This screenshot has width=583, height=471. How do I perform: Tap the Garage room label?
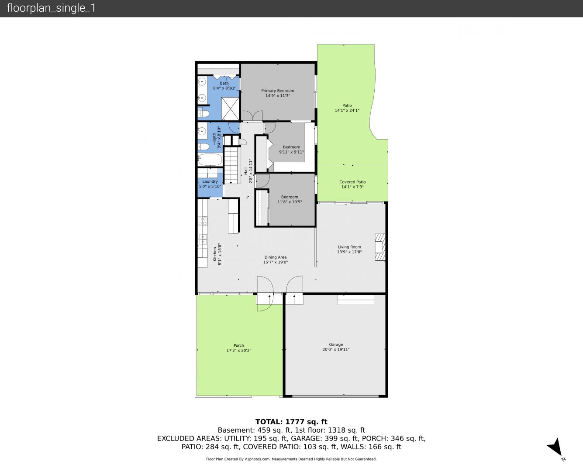pos(336,345)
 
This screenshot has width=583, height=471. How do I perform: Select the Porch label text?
pos(239,345)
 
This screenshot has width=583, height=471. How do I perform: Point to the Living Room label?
pos(349,247)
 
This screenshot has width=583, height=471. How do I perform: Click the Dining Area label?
pos(276,257)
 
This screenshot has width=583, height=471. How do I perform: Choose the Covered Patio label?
pos(352,182)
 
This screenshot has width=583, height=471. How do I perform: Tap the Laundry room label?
pos(210,181)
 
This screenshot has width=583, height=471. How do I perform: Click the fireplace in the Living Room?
pos(380,247)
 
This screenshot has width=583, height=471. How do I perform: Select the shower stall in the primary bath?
pos(230,109)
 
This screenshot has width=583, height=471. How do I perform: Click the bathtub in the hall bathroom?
pos(210,160)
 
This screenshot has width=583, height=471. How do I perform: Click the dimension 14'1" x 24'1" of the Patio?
pos(347,110)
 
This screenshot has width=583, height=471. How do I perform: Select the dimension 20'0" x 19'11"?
pos(336,349)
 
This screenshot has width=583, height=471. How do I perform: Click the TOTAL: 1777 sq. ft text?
pos(291,422)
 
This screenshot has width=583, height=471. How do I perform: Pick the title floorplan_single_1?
pos(51,8)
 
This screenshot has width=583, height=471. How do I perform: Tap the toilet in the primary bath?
pos(203,113)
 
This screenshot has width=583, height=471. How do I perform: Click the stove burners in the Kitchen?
pos(203,221)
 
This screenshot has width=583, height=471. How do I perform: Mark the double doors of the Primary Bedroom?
pos(252,116)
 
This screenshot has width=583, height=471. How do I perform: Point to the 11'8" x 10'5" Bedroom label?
pos(290,200)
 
